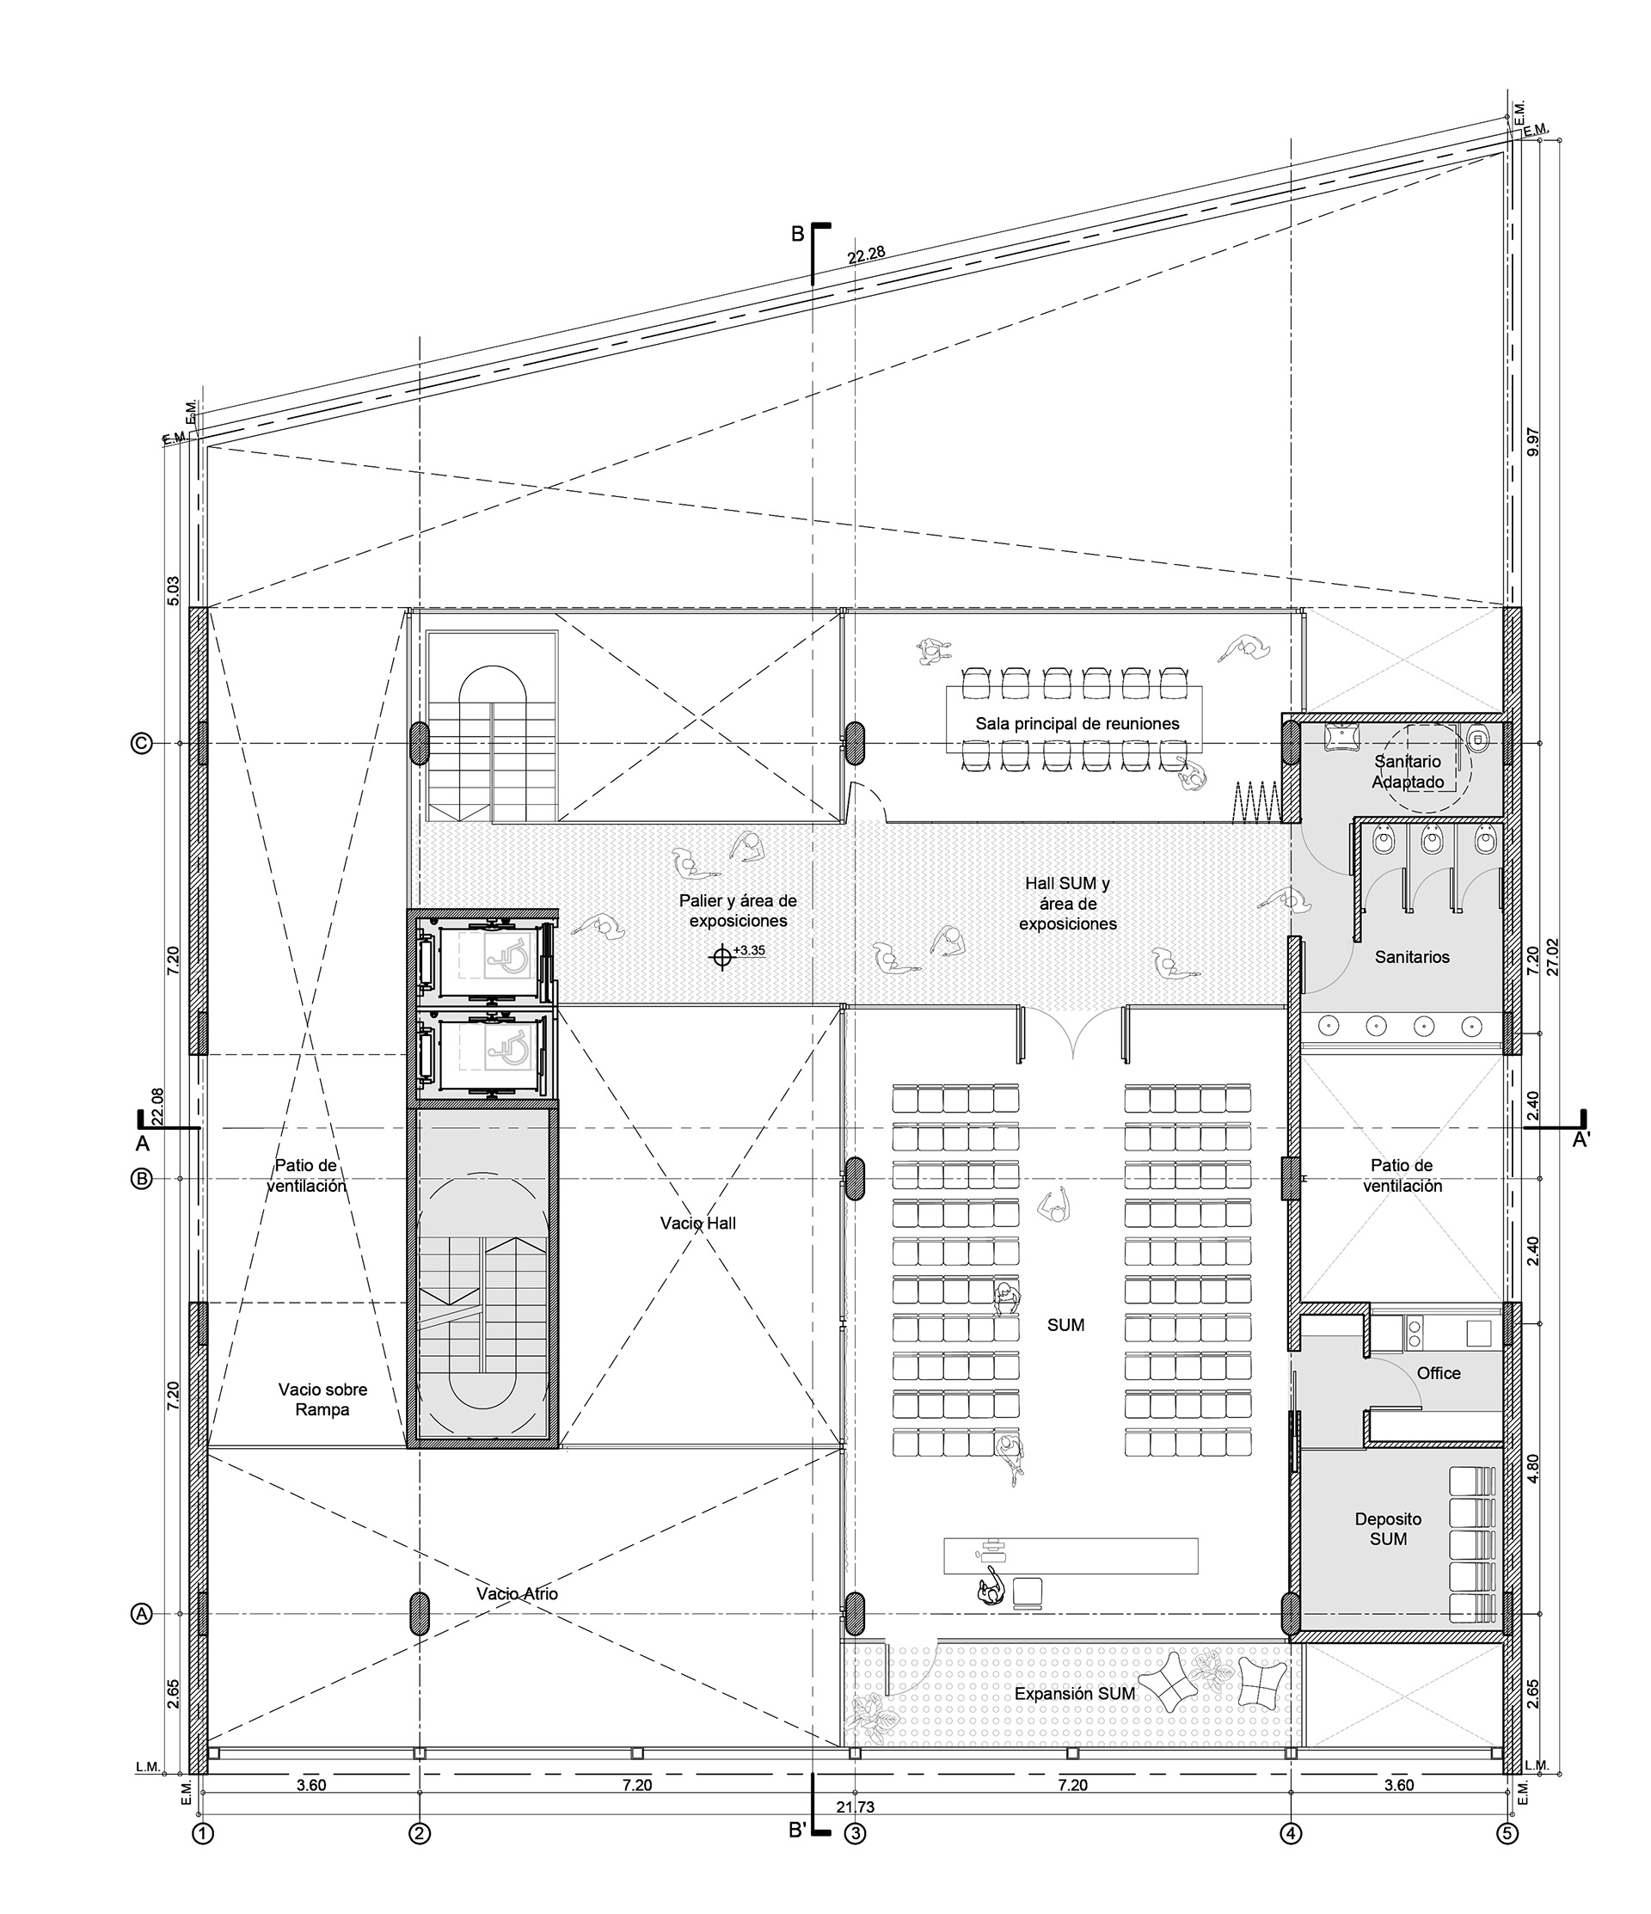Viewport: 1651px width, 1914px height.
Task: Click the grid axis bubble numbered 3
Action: point(856,1834)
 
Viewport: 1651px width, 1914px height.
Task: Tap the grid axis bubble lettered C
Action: point(141,744)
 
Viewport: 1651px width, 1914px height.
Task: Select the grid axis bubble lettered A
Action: point(141,1614)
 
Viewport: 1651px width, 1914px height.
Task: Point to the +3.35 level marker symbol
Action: point(722,958)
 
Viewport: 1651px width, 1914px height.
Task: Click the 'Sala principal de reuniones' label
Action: point(1077,724)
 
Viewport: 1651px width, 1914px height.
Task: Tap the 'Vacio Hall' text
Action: point(697,1223)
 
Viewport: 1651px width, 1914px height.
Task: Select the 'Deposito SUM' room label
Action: point(1388,1529)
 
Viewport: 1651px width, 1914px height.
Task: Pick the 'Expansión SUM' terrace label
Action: point(1075,1694)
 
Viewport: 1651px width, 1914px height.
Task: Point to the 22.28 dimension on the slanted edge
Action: point(866,255)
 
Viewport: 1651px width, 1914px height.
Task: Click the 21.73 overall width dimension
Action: point(856,1807)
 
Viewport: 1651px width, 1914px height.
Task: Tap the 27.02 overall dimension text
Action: point(1552,957)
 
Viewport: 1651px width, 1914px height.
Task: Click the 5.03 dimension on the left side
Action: point(173,592)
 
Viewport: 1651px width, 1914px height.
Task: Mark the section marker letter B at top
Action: point(797,235)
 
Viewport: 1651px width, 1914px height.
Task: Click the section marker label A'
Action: point(1580,1141)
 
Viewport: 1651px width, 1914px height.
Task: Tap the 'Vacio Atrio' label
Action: point(517,1593)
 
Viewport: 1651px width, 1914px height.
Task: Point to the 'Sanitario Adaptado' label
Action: point(1407,772)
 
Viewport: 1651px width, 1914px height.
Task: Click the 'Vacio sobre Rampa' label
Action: point(322,1400)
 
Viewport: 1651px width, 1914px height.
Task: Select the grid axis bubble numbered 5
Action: point(1507,1834)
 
